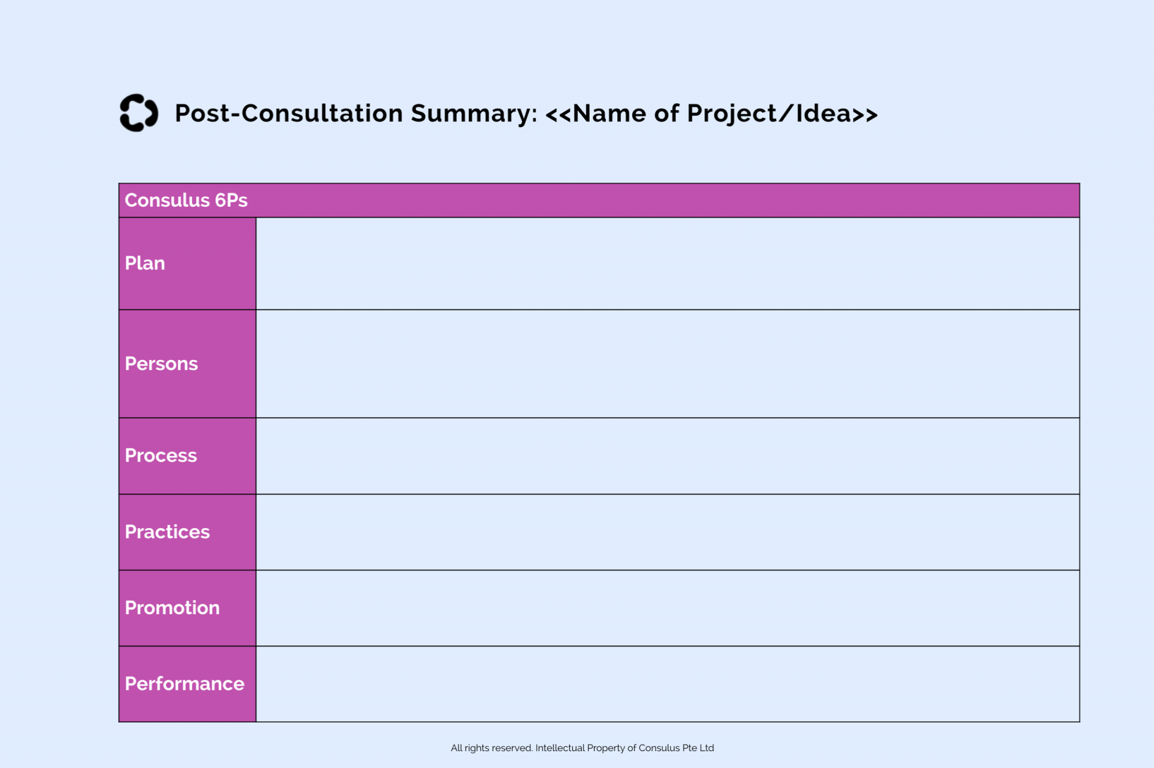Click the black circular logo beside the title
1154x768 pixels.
139,113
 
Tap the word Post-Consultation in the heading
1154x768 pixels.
288,114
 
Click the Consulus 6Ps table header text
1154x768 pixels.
186,200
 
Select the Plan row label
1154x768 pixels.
145,263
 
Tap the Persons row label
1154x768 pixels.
161,364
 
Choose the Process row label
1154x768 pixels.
160,456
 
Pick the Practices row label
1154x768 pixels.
167,532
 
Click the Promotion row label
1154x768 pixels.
172,608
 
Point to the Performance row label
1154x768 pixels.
185,684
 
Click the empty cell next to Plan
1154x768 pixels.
667,263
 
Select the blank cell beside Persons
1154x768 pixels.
667,364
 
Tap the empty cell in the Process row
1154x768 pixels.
667,456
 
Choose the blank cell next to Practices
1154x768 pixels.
667,532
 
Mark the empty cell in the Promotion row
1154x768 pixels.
667,608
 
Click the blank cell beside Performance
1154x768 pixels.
667,684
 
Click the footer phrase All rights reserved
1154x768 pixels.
492,748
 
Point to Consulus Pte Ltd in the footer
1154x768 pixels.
676,748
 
